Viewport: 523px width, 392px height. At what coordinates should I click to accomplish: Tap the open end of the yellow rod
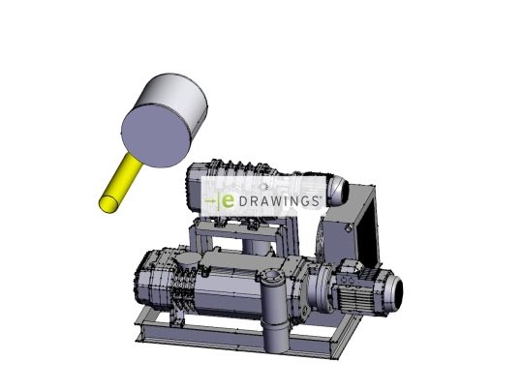coord(108,204)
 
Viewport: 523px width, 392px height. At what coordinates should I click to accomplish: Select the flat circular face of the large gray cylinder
coord(158,136)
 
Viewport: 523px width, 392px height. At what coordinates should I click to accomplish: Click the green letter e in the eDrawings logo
coord(228,201)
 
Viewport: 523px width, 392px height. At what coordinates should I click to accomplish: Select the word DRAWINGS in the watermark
coord(280,201)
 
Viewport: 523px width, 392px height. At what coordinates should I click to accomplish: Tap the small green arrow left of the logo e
coord(210,201)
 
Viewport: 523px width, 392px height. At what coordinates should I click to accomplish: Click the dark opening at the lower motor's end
coord(397,292)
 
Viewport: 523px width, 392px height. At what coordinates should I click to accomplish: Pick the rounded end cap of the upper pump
coord(339,191)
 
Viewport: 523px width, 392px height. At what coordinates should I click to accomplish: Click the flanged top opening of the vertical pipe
coord(272,276)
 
